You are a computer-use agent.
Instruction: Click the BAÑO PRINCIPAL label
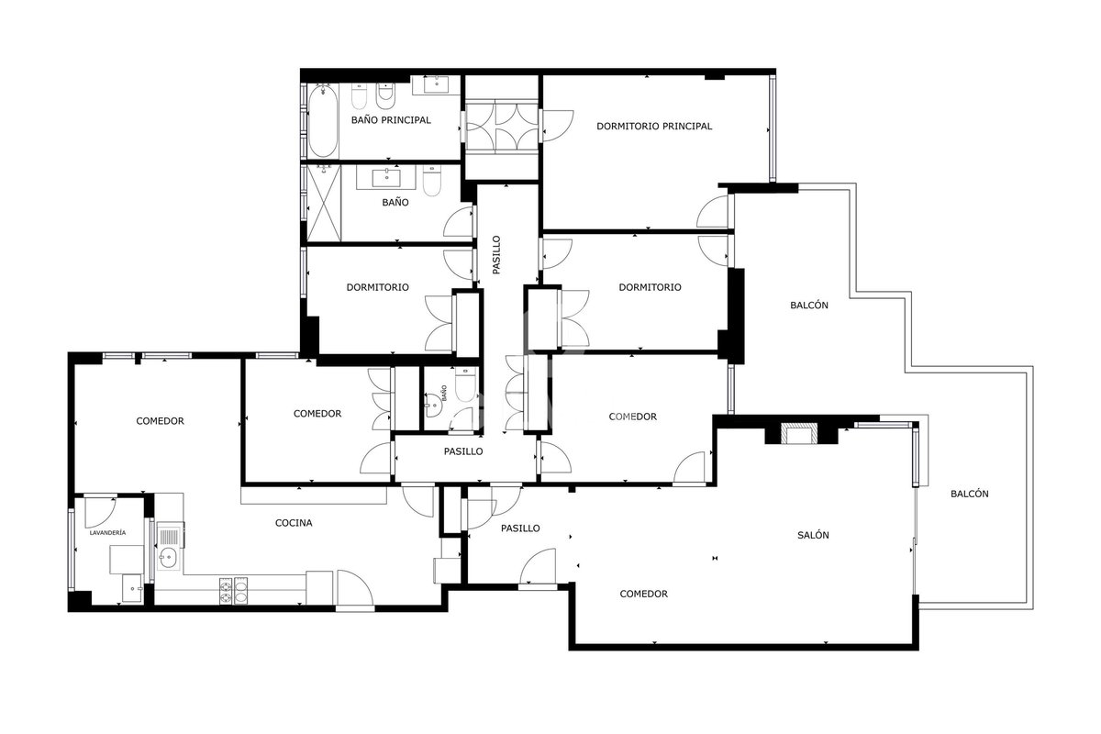(x=391, y=120)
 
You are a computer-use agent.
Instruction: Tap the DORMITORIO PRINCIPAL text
(x=653, y=127)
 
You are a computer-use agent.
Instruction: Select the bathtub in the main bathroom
(x=323, y=120)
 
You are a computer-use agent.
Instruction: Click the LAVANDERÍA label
(x=107, y=532)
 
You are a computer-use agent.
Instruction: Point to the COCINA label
(x=294, y=523)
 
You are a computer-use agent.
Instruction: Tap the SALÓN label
(x=813, y=536)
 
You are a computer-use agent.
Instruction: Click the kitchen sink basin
(x=168, y=558)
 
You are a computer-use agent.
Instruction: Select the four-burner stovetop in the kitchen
(x=233, y=590)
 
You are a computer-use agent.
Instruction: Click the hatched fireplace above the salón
(x=800, y=433)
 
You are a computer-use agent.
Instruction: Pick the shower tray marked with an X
(x=323, y=203)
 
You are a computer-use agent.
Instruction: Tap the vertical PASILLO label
(x=496, y=255)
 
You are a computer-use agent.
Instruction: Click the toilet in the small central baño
(x=464, y=384)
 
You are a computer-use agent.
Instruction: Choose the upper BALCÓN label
(x=809, y=306)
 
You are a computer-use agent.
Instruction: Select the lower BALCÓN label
(x=969, y=495)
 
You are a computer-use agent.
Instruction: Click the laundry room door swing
(x=100, y=513)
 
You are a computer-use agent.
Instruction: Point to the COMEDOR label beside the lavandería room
(x=160, y=421)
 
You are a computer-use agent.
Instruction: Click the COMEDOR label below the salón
(x=643, y=594)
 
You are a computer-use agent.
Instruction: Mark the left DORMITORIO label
(x=377, y=287)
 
